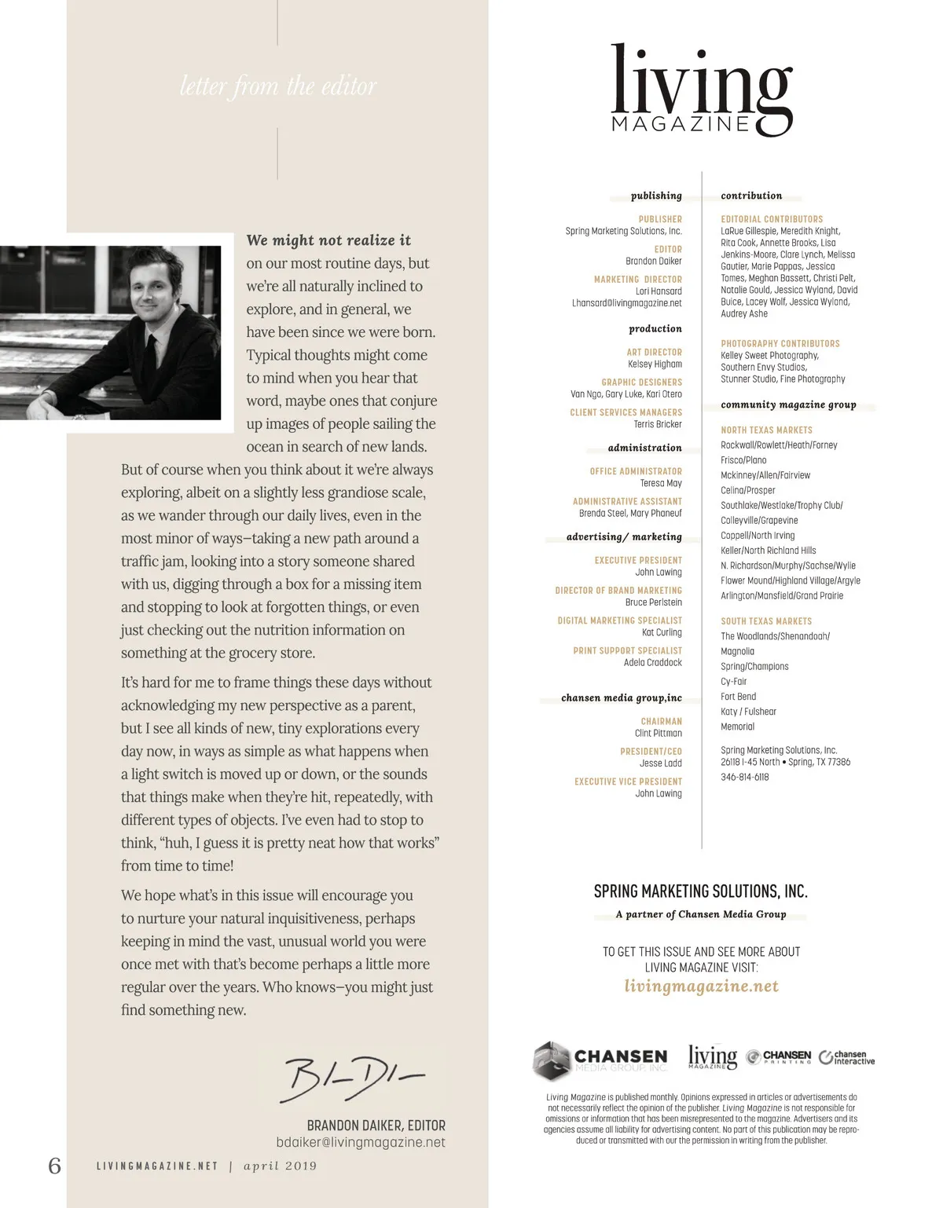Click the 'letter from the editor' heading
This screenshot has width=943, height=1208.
[x=278, y=86]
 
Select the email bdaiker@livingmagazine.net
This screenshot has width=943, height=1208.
[x=361, y=1142]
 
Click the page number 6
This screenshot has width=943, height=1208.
[x=54, y=1166]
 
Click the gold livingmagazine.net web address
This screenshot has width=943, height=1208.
[x=701, y=986]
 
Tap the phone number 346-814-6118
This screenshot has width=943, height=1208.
[x=745, y=777]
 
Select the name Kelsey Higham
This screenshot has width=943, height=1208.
[x=655, y=364]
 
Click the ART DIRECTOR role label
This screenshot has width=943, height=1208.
[x=654, y=352]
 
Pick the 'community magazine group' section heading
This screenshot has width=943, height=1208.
[x=788, y=404]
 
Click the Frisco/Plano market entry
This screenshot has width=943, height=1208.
[x=743, y=460]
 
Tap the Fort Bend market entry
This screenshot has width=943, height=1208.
[x=738, y=697]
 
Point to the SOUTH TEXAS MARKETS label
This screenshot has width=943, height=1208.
[x=766, y=620]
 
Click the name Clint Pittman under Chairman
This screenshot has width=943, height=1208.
[x=658, y=733]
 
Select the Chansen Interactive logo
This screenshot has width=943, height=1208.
[x=846, y=1057]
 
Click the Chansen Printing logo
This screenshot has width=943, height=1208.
[x=778, y=1057]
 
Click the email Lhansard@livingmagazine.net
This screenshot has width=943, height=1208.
[x=626, y=303]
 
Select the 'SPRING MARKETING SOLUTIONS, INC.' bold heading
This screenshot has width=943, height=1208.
[x=700, y=891]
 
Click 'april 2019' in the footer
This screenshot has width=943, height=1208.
[x=280, y=1166]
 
